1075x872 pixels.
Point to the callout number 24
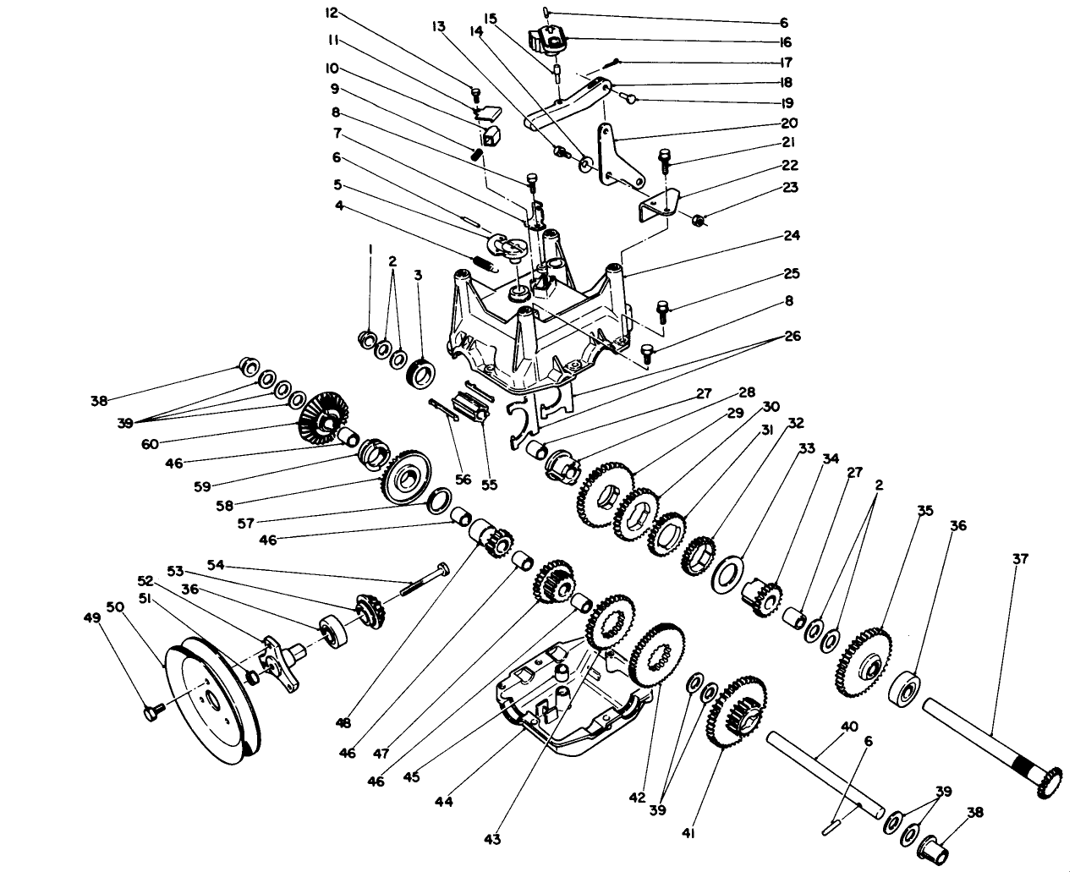click(x=792, y=235)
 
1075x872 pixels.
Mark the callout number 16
click(x=785, y=41)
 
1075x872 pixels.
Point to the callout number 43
click(x=492, y=839)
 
